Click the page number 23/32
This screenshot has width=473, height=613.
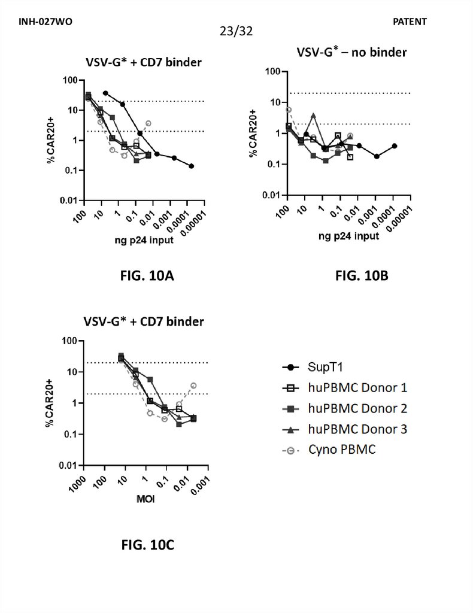coord(236,31)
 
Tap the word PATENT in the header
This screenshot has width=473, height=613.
coord(410,22)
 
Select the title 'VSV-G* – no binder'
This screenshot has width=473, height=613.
coord(351,52)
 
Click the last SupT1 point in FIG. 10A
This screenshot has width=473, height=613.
coord(191,166)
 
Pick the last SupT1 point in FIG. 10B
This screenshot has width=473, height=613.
coord(394,145)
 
